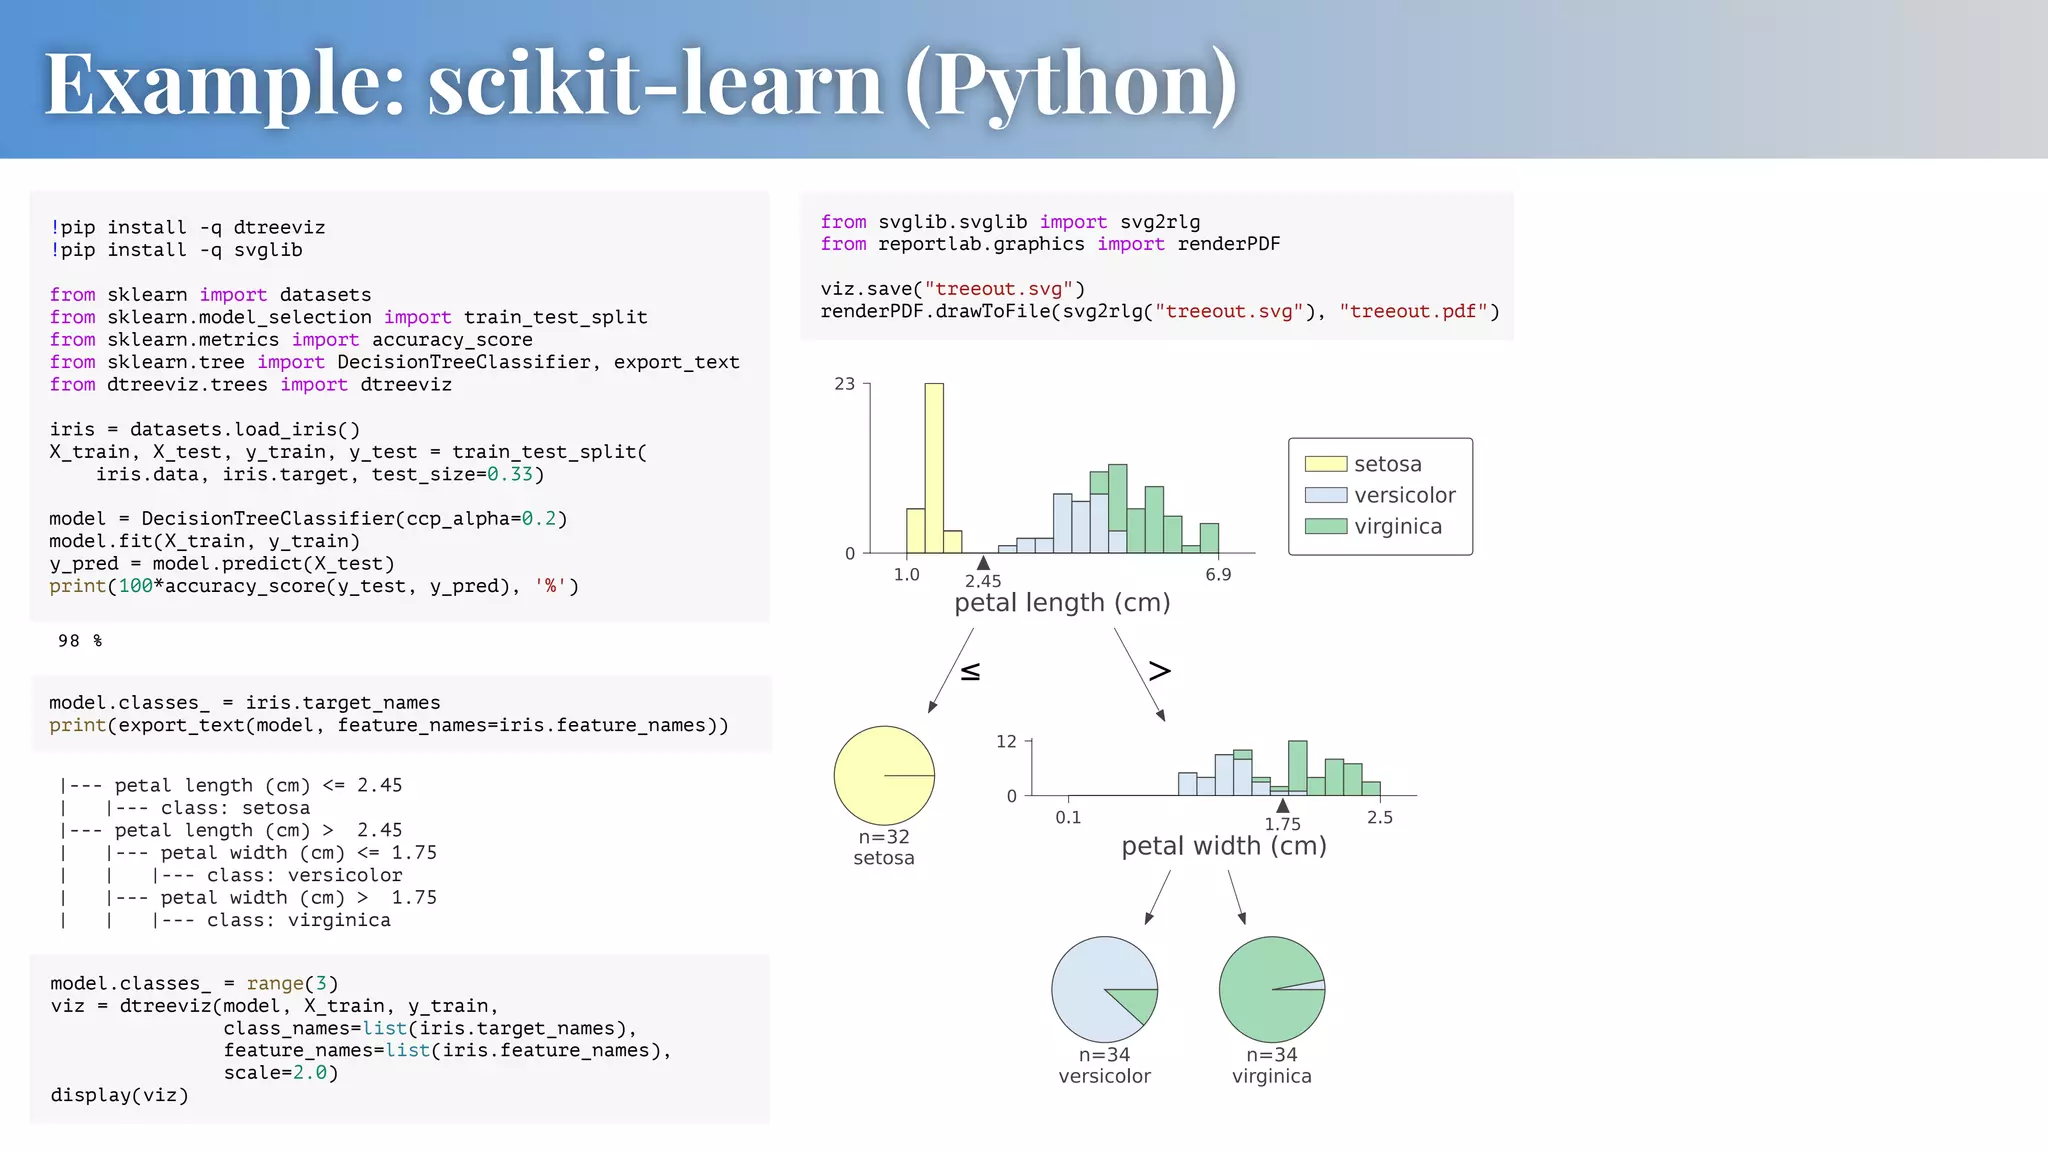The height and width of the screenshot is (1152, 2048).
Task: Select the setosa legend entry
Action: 1386,464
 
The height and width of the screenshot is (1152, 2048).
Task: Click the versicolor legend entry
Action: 1404,495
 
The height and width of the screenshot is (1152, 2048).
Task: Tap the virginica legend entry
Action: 1397,526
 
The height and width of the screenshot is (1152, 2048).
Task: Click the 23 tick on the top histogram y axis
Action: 845,384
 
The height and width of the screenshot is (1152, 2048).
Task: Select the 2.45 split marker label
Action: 983,581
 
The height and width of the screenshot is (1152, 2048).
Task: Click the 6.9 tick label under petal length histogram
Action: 1218,575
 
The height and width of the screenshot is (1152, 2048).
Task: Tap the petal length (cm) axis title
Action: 1062,603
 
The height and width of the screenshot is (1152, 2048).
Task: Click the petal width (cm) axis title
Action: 1224,846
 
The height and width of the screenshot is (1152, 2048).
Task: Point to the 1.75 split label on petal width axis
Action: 1282,824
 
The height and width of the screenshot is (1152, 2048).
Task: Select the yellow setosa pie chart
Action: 884,776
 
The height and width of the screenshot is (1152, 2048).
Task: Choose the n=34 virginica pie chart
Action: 1271,990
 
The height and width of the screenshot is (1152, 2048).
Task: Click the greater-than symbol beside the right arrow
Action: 1159,671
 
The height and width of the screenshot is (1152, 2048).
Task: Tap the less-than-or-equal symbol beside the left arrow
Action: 970,672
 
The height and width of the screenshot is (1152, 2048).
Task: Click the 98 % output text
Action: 80,641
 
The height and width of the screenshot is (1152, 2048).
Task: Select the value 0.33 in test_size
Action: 510,474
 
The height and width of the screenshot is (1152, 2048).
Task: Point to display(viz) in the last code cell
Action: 120,1095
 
